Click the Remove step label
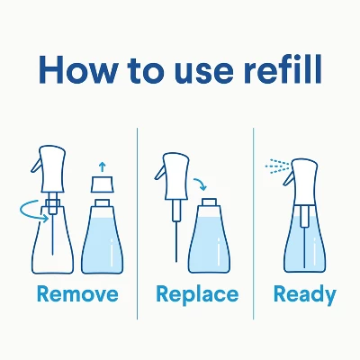[77, 294]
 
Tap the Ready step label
[305, 294]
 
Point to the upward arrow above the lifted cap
[101, 166]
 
